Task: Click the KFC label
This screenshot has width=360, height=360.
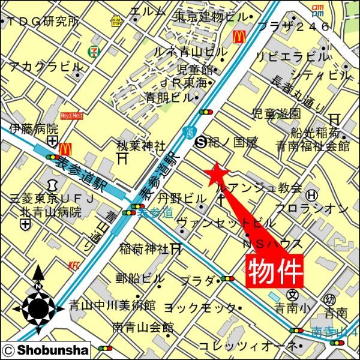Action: pyautogui.click(x=74, y=262)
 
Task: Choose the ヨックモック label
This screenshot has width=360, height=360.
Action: pyautogui.click(x=199, y=307)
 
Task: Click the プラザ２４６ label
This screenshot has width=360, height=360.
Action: pyautogui.click(x=293, y=26)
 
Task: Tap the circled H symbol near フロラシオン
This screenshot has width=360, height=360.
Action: pyautogui.click(x=312, y=195)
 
